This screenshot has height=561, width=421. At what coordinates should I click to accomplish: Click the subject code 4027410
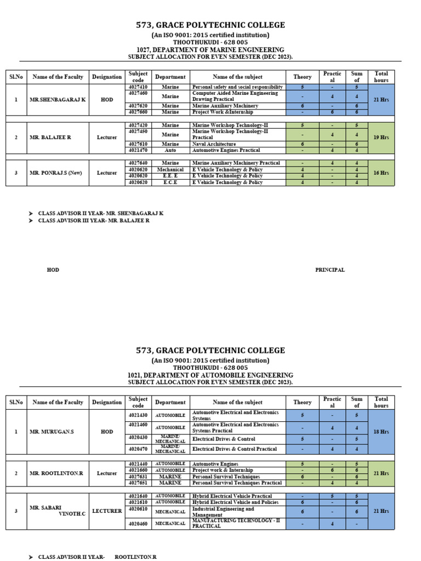pos(138,87)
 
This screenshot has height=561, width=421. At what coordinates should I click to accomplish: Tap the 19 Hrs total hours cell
pos(381,138)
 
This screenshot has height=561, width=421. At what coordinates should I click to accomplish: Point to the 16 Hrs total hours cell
pos(381,173)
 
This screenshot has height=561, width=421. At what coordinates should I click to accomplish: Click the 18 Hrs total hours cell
pos(381,432)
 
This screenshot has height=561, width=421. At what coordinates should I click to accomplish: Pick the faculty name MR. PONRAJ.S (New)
pos(56,173)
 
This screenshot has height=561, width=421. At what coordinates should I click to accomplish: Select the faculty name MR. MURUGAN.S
pos(52,432)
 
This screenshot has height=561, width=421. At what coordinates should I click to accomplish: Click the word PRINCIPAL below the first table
pos(330,270)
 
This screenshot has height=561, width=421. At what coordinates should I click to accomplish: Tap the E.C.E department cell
pos(170,182)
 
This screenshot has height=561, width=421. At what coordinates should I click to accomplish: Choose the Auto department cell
pos(170,150)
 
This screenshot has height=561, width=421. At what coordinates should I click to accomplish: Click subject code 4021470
pos(138,150)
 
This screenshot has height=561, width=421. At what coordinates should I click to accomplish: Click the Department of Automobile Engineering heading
pos(210,375)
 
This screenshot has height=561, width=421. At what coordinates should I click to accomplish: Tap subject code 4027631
pos(138,477)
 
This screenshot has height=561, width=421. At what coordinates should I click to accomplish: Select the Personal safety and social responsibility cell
pos(237,87)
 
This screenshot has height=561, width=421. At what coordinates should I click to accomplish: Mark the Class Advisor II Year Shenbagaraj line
pos(100,213)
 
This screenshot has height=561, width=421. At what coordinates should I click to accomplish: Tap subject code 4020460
pos(138,524)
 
